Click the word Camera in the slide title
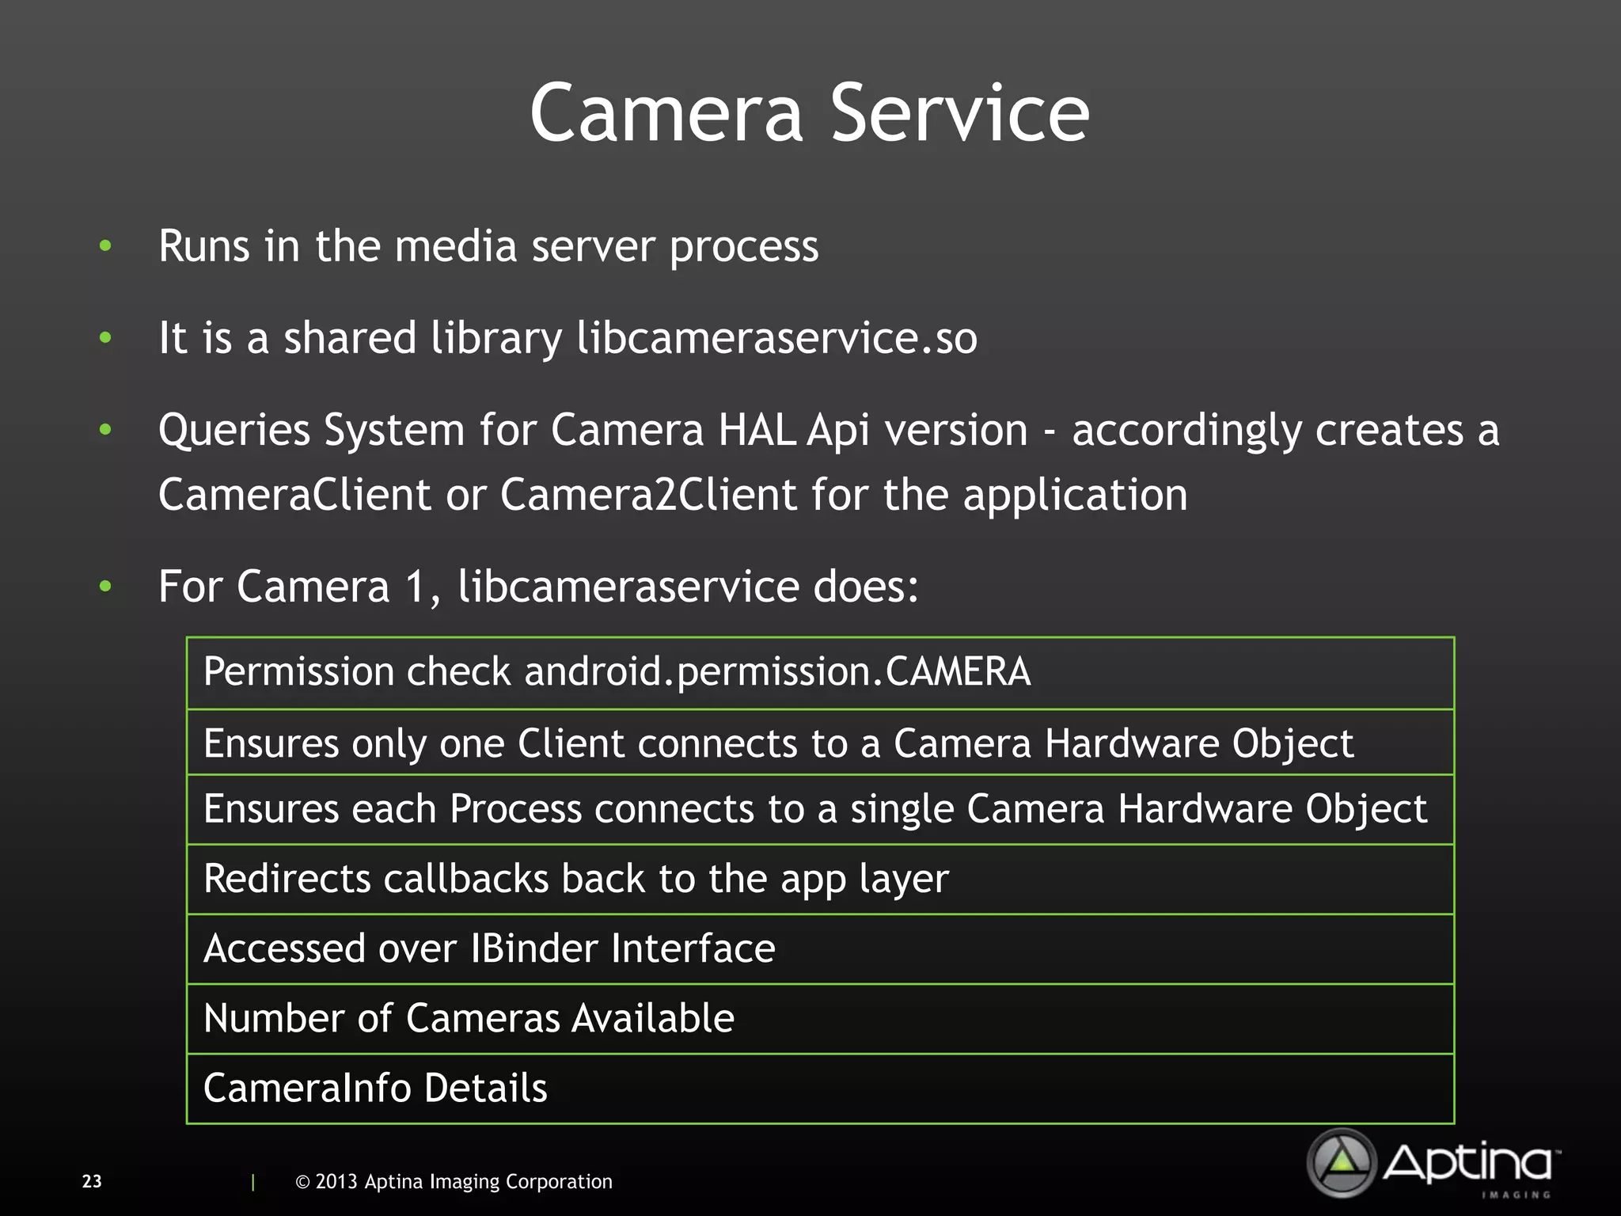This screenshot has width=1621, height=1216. [666, 114]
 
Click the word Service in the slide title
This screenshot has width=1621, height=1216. [959, 114]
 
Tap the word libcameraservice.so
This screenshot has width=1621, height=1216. [776, 339]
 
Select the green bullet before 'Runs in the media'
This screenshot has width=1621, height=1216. [105, 246]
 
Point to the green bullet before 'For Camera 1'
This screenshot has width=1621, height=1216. [105, 587]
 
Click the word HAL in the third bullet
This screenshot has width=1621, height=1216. [756, 431]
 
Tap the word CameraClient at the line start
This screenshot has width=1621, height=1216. [294, 496]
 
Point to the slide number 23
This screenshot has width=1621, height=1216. [92, 1181]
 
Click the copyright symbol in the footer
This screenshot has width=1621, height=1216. [302, 1182]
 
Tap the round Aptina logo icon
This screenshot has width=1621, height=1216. [1342, 1162]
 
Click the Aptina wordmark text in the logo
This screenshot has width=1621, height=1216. [1468, 1163]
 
